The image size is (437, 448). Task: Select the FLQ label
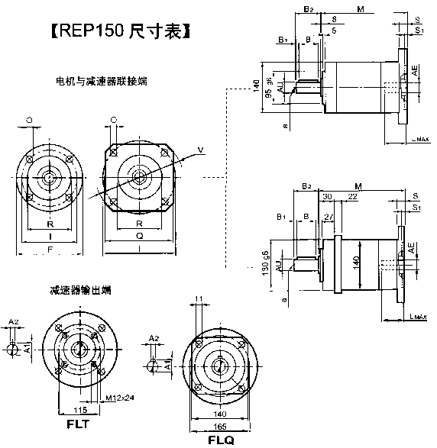[221, 440]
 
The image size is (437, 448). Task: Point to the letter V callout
[200, 148]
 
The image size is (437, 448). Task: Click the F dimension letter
[50, 249]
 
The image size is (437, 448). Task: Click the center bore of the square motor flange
[140, 176]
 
